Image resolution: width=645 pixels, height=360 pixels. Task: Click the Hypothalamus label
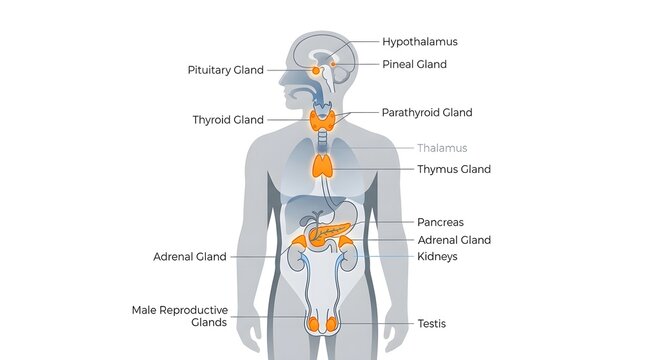click(x=420, y=42)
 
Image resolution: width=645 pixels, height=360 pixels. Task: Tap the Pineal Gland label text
click(x=414, y=64)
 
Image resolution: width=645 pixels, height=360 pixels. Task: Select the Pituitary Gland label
click(x=225, y=70)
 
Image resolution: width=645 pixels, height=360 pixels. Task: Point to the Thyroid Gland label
click(x=228, y=120)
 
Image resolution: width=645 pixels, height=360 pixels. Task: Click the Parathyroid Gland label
click(x=427, y=113)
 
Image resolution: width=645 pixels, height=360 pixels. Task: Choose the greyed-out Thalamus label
click(x=442, y=148)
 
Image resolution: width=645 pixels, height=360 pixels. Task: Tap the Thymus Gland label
click(x=454, y=169)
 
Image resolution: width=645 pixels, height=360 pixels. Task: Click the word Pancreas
click(x=440, y=222)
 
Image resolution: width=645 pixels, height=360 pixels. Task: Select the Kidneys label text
click(x=437, y=257)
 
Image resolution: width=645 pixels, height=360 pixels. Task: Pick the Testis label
click(x=432, y=323)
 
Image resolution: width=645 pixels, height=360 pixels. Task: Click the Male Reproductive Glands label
click(x=180, y=316)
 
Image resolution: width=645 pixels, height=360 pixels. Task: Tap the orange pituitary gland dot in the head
click(x=316, y=71)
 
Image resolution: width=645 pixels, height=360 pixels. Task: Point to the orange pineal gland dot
click(x=333, y=64)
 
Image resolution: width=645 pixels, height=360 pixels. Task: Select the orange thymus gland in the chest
click(x=322, y=166)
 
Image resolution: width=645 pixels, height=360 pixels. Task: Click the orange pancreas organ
click(x=328, y=233)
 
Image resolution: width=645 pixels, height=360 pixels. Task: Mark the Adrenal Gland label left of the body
click(x=190, y=257)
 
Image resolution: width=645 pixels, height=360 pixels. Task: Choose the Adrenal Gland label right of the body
click(x=454, y=240)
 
